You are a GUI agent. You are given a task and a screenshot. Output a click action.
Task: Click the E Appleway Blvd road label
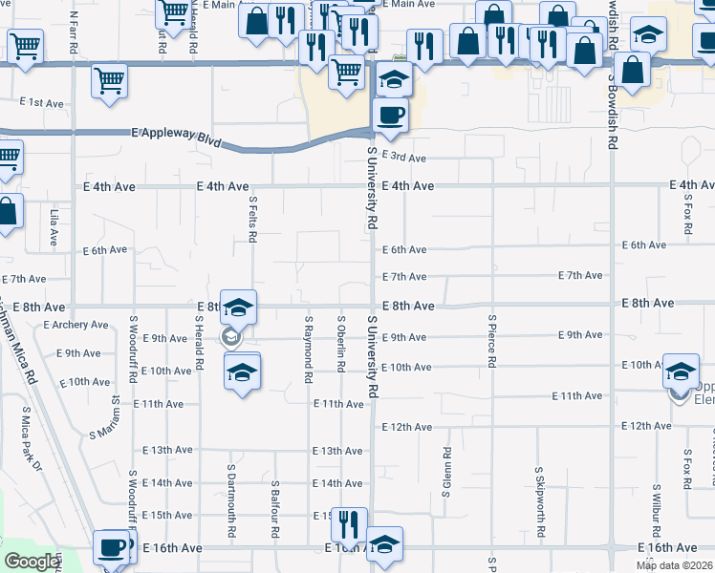point(176,138)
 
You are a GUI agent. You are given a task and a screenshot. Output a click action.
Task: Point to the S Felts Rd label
point(253,221)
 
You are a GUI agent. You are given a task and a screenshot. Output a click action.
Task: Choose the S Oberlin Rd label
point(340,343)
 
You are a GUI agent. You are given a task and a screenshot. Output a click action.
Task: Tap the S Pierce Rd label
point(491,342)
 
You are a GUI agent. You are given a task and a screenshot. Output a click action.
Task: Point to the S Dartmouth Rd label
point(231,493)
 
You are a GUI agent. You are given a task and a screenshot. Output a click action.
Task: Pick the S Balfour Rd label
point(274,502)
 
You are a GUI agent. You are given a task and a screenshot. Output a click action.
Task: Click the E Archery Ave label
point(76,325)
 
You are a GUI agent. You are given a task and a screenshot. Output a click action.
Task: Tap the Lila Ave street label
point(54,229)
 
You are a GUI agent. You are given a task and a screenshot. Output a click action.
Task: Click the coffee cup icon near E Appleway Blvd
point(389,116)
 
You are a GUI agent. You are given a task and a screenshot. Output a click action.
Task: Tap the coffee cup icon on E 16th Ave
point(113,546)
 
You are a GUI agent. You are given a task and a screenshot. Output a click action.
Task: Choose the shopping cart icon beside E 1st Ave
point(110,80)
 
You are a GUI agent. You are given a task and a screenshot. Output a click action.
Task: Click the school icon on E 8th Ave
point(238,307)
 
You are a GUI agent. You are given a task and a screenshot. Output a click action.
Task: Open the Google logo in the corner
point(32,562)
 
